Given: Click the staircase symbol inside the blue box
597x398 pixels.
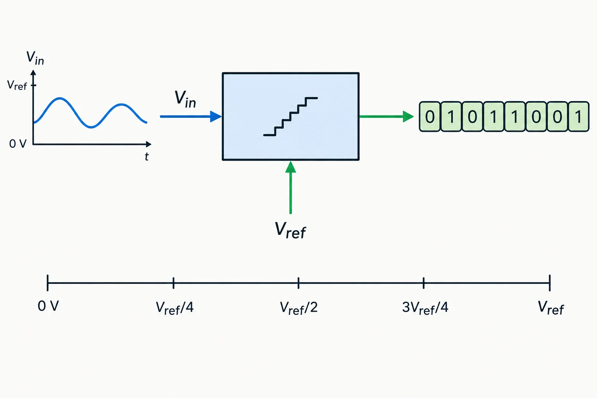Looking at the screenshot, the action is coord(290,117).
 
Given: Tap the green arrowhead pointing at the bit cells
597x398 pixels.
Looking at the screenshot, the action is coord(408,117).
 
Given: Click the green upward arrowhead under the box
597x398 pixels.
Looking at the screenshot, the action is coord(290,167).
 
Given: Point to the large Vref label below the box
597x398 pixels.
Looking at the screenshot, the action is coord(290,230).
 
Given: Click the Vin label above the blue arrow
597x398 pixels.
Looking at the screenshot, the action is coord(185,99).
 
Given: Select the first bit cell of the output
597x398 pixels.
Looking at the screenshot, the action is coord(429,117).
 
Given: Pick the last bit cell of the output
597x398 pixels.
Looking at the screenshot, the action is coord(579,117).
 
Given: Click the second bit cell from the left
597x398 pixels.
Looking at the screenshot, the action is coord(451,117).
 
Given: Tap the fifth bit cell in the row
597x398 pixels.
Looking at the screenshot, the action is coord(515,117).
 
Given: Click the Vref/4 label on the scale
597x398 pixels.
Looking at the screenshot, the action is coord(175,308).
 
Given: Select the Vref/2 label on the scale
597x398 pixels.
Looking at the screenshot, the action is coord(299,308).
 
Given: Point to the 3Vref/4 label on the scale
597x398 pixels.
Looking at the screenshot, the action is coord(425,308).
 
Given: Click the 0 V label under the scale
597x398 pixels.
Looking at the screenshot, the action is coord(48,306).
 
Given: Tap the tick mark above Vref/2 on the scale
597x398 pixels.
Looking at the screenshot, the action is coord(298,283).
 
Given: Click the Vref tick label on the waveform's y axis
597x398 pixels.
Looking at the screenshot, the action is coord(17,85).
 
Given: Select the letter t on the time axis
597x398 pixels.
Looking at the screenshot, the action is coord(147,157).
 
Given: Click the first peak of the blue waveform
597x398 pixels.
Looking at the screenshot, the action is coord(60,98).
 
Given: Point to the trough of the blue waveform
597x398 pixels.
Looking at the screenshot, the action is coord(91,127).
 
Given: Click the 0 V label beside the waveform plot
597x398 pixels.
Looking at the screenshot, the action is coord(18,144).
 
